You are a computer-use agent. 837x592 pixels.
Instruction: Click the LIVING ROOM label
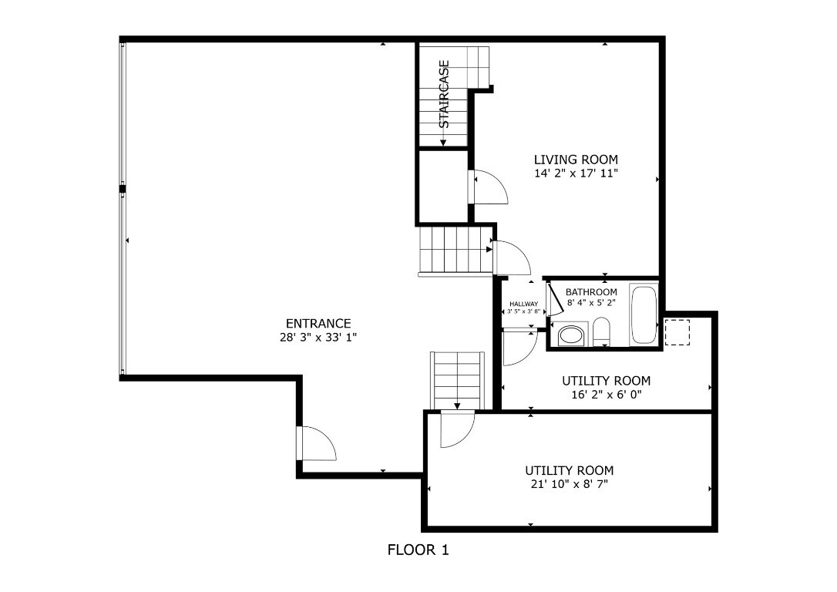pos(576,160)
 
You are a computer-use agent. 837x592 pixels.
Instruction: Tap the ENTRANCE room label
pos(318,324)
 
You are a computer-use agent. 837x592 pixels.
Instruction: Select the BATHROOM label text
pos(591,292)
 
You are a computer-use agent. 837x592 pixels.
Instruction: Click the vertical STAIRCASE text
pos(444,94)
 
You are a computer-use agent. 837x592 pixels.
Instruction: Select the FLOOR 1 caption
pos(417,550)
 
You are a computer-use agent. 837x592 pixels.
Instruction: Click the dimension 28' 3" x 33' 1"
pos(318,338)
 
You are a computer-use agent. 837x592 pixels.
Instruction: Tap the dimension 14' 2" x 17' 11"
pos(576,173)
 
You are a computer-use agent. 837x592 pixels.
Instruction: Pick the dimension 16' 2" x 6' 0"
pos(606,395)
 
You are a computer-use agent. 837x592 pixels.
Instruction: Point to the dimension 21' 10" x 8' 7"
pos(569,484)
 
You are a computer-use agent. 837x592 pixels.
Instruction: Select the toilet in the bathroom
pos(602,331)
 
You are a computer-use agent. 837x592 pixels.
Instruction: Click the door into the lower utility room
pos(456,429)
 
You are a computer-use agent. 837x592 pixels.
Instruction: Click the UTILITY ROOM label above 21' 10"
pos(569,470)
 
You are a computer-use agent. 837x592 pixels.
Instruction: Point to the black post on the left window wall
pos(122,188)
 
